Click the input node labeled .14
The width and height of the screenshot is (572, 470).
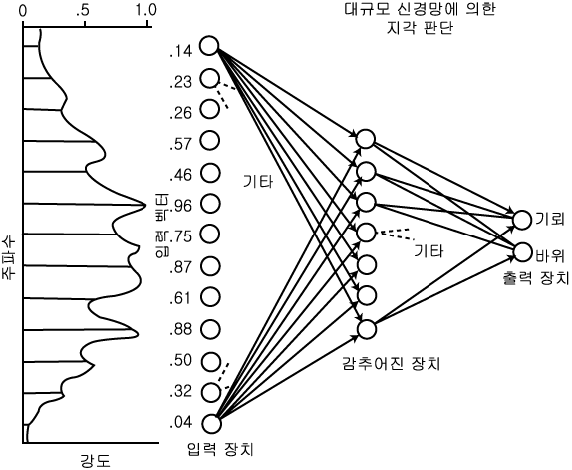pyautogui.click(x=209, y=46)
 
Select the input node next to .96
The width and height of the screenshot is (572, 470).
pyautogui.click(x=210, y=203)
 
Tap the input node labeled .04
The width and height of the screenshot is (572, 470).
pyautogui.click(x=211, y=424)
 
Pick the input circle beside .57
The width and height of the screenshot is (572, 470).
pyautogui.click(x=210, y=141)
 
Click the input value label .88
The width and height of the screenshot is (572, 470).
pyautogui.click(x=180, y=329)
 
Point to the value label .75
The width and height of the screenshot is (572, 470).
pyautogui.click(x=180, y=236)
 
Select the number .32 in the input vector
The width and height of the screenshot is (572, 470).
pyautogui.click(x=180, y=391)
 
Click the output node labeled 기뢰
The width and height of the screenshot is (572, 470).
pyautogui.click(x=522, y=220)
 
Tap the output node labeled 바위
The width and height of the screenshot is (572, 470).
pyautogui.click(x=522, y=252)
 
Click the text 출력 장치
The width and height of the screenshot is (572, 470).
pyautogui.click(x=535, y=278)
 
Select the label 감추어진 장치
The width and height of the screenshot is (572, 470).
pyautogui.click(x=391, y=363)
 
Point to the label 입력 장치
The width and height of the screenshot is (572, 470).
pyautogui.click(x=220, y=449)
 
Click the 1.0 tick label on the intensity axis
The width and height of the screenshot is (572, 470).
pyautogui.click(x=145, y=10)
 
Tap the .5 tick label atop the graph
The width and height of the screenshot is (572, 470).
pyautogui.click(x=83, y=10)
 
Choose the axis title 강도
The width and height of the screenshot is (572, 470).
pyautogui.click(x=95, y=460)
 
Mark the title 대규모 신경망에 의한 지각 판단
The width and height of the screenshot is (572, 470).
pyautogui.click(x=420, y=18)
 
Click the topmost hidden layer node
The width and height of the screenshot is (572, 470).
pyautogui.click(x=366, y=139)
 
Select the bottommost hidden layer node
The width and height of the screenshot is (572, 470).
pyautogui.click(x=367, y=329)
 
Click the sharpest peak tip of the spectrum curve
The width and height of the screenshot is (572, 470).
pyautogui.click(x=146, y=205)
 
